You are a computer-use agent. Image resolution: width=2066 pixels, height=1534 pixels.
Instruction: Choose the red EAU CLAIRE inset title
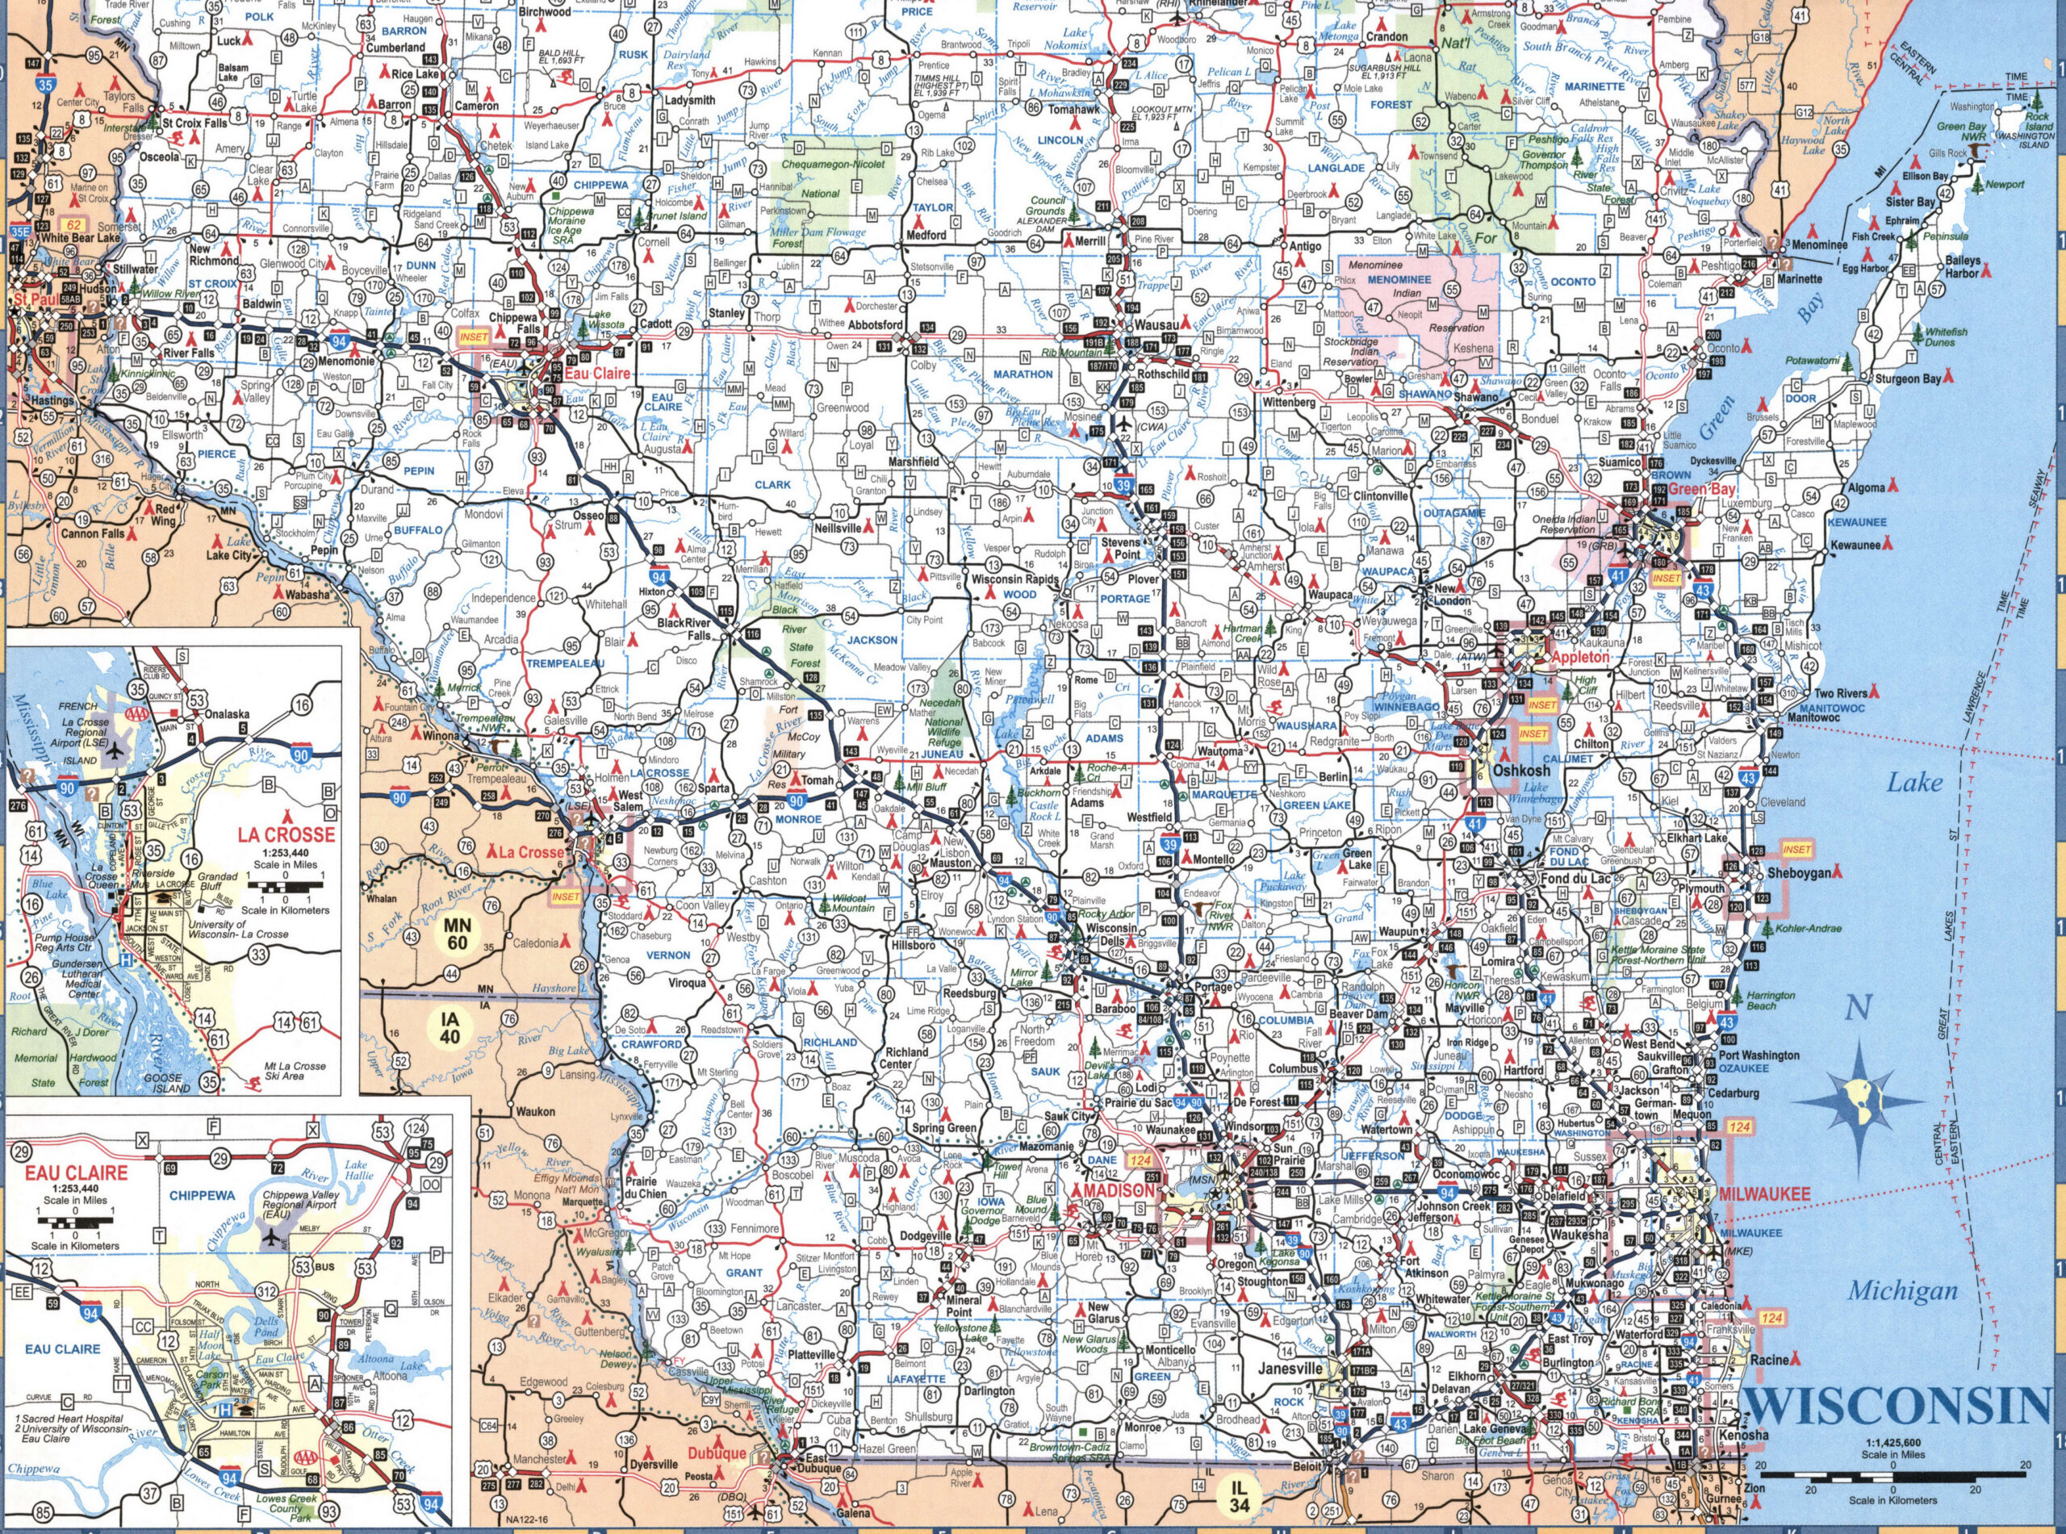point(82,1172)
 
